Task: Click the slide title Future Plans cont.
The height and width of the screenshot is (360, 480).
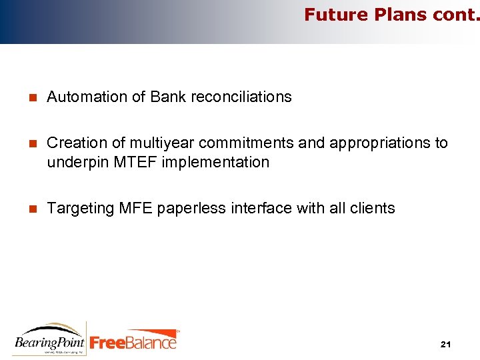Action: pyautogui.click(x=391, y=15)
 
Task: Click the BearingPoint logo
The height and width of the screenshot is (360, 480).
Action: pyautogui.click(x=49, y=339)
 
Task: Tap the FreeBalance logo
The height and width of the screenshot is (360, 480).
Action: pyautogui.click(x=133, y=341)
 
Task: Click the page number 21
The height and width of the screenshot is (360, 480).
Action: pyautogui.click(x=446, y=345)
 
